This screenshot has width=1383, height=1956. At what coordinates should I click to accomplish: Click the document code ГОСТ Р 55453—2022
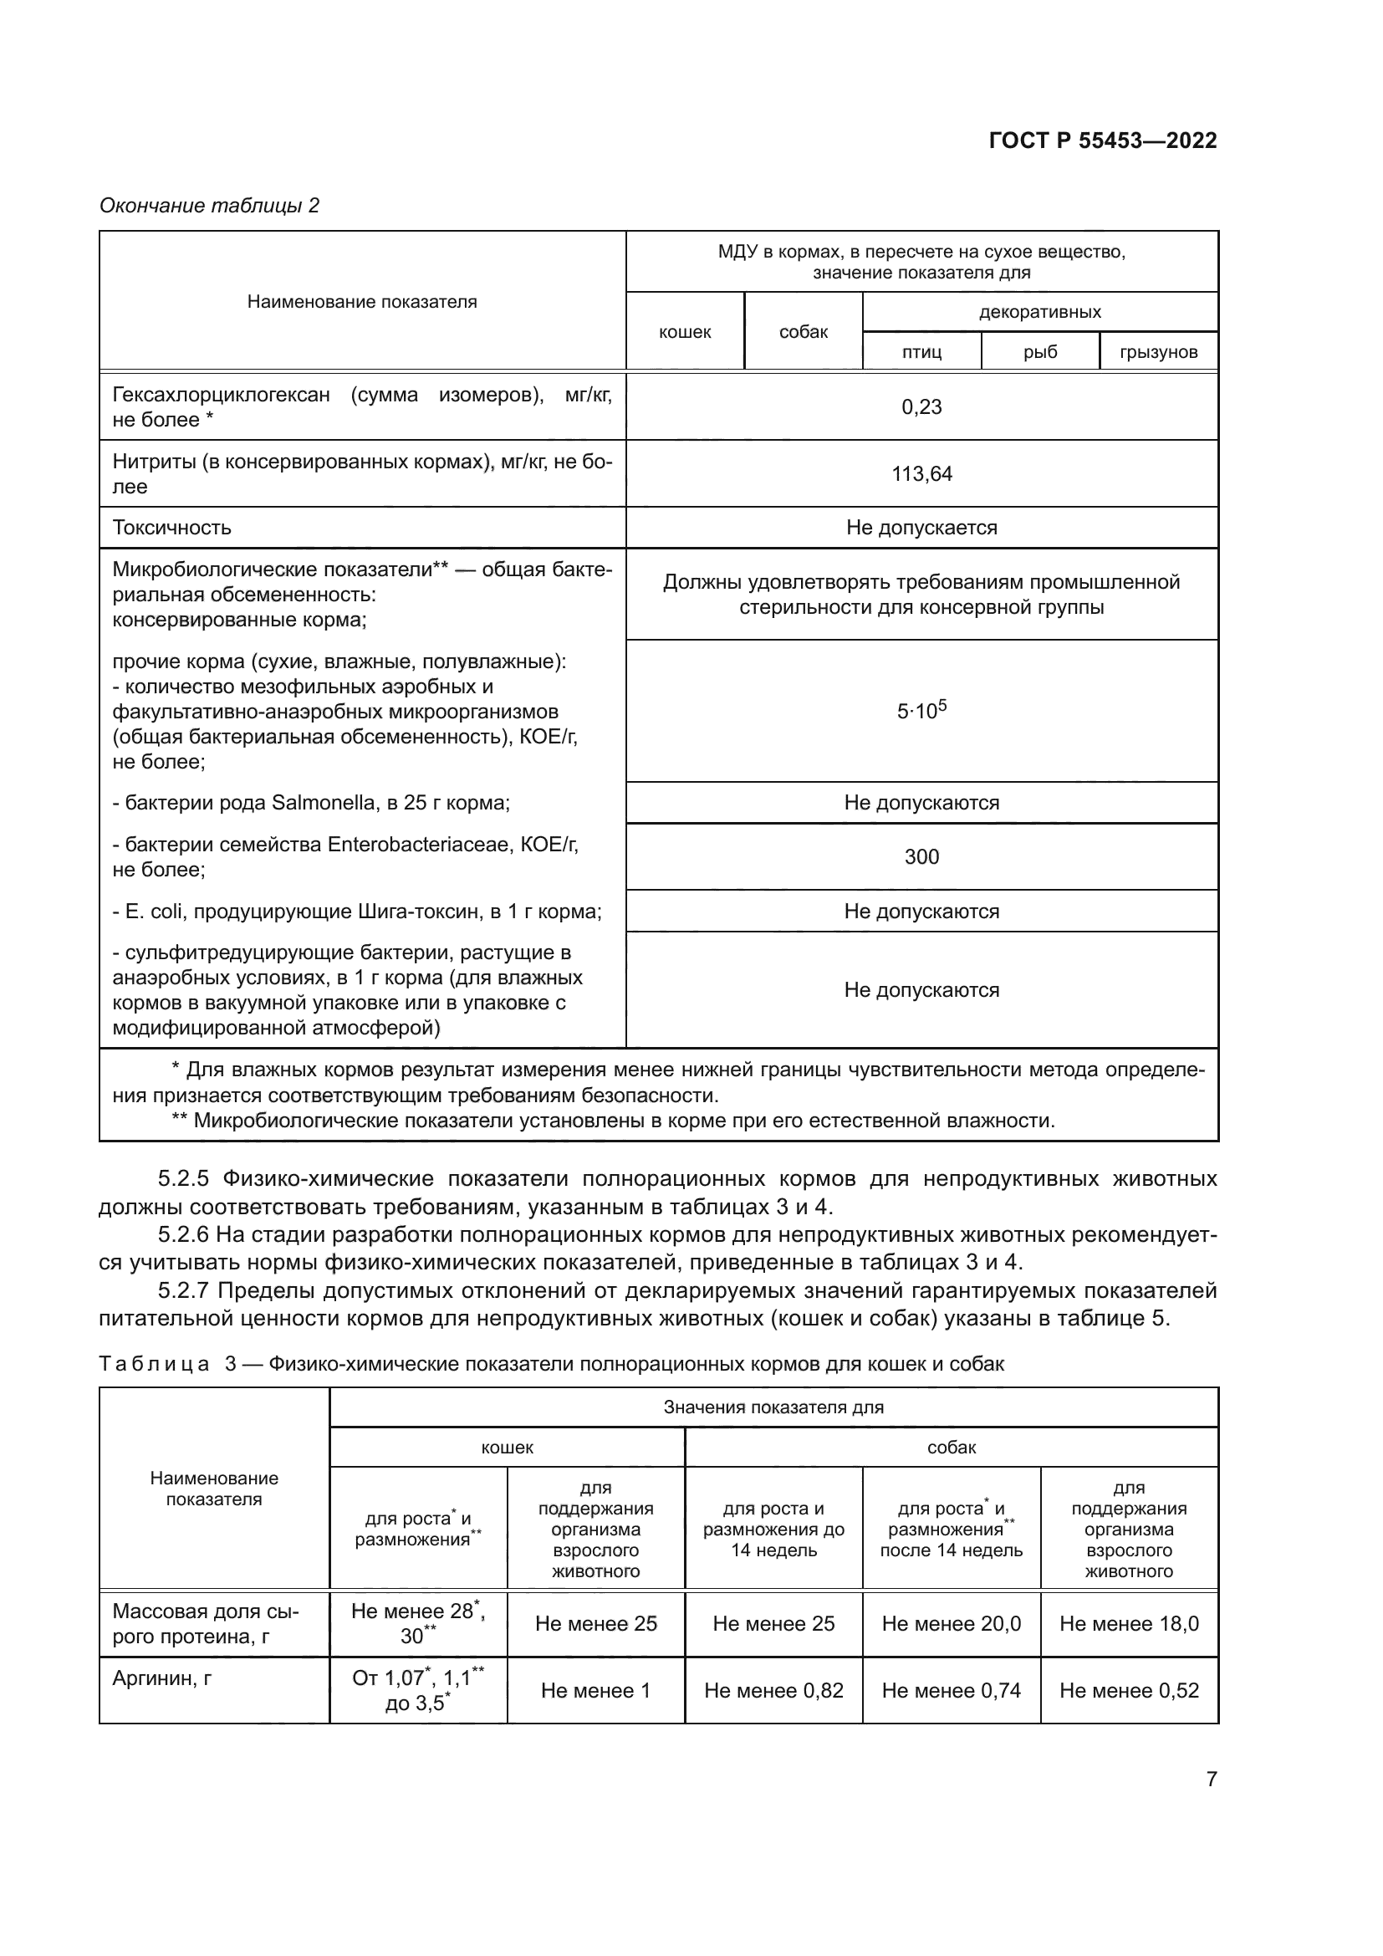pyautogui.click(x=1102, y=140)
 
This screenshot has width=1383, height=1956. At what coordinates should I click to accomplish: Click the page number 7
pyautogui.click(x=1211, y=1779)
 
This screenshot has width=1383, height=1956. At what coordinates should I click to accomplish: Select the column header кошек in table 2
pyautogui.click(x=685, y=332)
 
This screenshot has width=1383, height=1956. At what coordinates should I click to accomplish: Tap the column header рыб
pyautogui.click(x=1040, y=352)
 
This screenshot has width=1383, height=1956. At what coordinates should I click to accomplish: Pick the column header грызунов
pyautogui.click(x=1158, y=352)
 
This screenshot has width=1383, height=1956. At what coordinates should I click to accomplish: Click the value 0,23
pyautogui.click(x=921, y=407)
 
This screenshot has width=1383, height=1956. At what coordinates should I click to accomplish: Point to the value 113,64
pyautogui.click(x=921, y=474)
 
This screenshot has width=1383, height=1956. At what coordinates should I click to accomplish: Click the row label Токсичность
pyautogui.click(x=172, y=528)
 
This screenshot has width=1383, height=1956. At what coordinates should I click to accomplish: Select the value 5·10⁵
pyautogui.click(x=921, y=711)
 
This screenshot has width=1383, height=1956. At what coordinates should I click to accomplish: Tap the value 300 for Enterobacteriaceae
pyautogui.click(x=921, y=857)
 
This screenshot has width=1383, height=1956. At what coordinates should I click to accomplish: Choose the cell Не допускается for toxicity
pyautogui.click(x=921, y=528)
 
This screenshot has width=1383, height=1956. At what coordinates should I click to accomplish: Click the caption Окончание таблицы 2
pyautogui.click(x=210, y=206)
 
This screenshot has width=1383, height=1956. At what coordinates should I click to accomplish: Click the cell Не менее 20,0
pyautogui.click(x=952, y=1624)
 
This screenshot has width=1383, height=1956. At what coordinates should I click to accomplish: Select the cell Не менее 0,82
pyautogui.click(x=773, y=1691)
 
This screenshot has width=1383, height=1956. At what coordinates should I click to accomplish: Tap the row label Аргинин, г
pyautogui.click(x=162, y=1678)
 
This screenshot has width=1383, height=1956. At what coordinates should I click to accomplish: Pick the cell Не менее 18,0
pyautogui.click(x=1128, y=1624)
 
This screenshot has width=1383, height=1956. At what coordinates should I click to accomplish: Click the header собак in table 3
pyautogui.click(x=952, y=1448)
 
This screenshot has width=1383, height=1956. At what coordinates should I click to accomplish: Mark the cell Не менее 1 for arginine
pyautogui.click(x=595, y=1691)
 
